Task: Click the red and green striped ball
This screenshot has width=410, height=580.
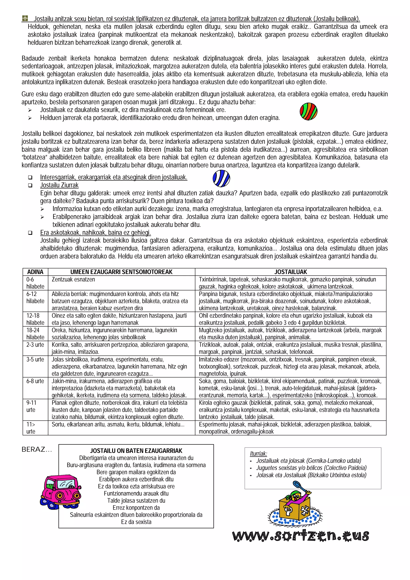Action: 309,111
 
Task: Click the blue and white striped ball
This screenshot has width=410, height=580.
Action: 221,178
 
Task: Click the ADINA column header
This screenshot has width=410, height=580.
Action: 35,272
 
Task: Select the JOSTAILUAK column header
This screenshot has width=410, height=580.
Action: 290,272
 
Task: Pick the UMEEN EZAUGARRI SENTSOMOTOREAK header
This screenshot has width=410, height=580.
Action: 121,272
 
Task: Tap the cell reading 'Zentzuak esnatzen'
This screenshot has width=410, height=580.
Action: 73,279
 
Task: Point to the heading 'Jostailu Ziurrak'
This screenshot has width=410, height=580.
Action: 59,185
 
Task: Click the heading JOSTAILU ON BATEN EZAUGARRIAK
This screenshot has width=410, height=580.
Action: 136,451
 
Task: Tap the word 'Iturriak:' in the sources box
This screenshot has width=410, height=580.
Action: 258,454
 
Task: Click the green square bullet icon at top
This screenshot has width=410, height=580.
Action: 25,18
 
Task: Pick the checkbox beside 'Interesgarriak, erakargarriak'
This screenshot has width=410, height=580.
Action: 30,178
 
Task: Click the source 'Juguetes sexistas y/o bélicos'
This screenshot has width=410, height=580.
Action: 311,468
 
